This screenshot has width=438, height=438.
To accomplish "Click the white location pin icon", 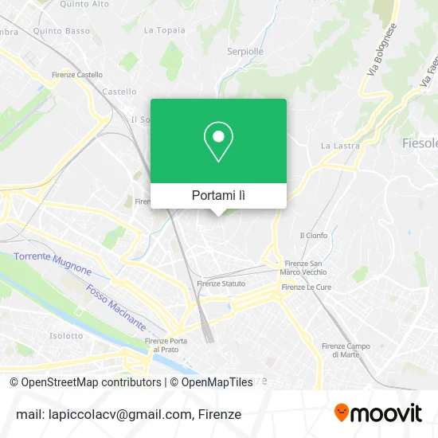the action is (x=218, y=142).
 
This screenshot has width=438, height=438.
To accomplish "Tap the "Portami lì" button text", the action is (x=218, y=195).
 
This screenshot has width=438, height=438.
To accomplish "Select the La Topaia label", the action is (x=164, y=30).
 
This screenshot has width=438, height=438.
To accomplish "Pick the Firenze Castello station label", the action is (x=77, y=74).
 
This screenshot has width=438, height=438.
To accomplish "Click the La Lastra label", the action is (x=340, y=146).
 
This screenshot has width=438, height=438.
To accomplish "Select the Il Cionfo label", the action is (x=313, y=235).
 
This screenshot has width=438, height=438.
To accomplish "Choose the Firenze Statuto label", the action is (x=221, y=284).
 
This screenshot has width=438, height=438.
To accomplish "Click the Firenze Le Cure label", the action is (x=305, y=287).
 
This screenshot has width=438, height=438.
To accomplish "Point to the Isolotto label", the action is (x=66, y=335).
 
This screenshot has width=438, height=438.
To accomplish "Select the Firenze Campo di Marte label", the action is (x=346, y=350).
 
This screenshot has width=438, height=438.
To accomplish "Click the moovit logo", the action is (x=377, y=413).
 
